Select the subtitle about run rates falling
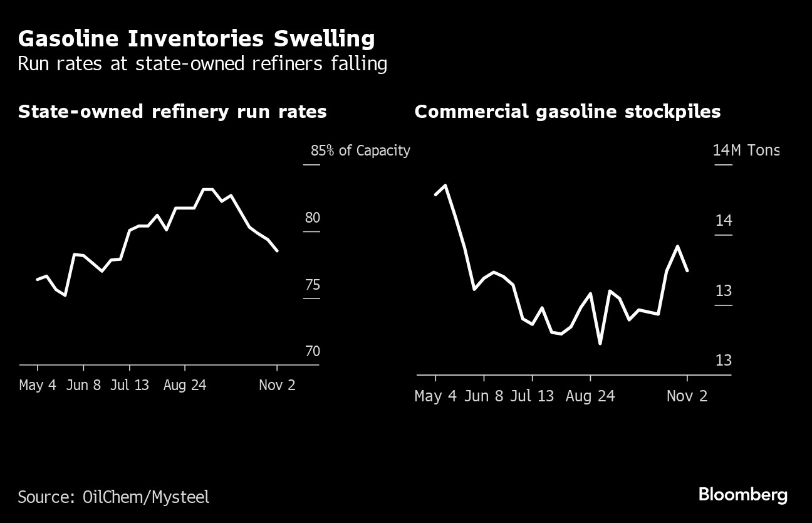[x=202, y=64]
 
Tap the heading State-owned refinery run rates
[x=172, y=112]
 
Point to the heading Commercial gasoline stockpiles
[x=567, y=112]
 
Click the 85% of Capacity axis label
[x=360, y=151]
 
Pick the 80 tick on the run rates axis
[x=313, y=218]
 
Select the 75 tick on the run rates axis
[x=313, y=285]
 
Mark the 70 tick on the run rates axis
[x=313, y=351]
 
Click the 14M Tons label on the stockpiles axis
[x=746, y=151]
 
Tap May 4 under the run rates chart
[x=38, y=384]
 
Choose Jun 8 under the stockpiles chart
[x=485, y=396]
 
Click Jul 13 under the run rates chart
[x=130, y=384]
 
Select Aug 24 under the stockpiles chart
[x=590, y=396]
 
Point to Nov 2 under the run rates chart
[x=277, y=384]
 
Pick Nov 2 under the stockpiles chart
[x=687, y=396]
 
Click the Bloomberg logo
[x=743, y=495]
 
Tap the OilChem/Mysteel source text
[x=146, y=497]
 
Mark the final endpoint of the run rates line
[x=277, y=251]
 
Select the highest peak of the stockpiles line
[x=445, y=185]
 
